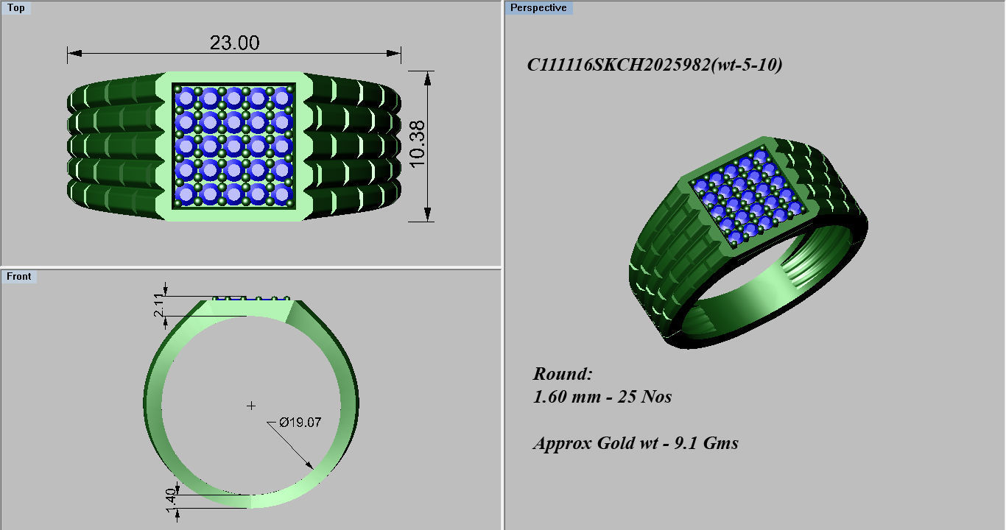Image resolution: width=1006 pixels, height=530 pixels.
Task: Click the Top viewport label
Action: point(15,8)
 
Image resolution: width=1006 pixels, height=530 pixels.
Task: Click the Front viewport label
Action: point(19,276)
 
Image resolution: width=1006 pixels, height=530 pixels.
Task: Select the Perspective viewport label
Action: point(539,8)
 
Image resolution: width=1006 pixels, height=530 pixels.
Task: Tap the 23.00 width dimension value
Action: point(234,43)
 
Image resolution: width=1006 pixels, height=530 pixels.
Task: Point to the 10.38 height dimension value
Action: point(418,145)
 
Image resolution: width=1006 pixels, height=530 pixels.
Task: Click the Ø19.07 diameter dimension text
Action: point(300,423)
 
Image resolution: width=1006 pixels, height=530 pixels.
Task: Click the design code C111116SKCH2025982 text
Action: point(654,65)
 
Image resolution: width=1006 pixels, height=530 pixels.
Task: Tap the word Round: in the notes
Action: point(563,373)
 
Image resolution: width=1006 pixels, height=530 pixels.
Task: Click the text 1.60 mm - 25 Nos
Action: point(602,397)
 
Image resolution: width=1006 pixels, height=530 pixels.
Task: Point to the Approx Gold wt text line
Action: point(635,443)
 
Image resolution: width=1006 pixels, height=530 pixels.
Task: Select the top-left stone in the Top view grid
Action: point(186,97)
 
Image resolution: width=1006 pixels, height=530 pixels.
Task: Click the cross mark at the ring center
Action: point(251,406)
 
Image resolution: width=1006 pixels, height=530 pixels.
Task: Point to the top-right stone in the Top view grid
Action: point(281,97)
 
